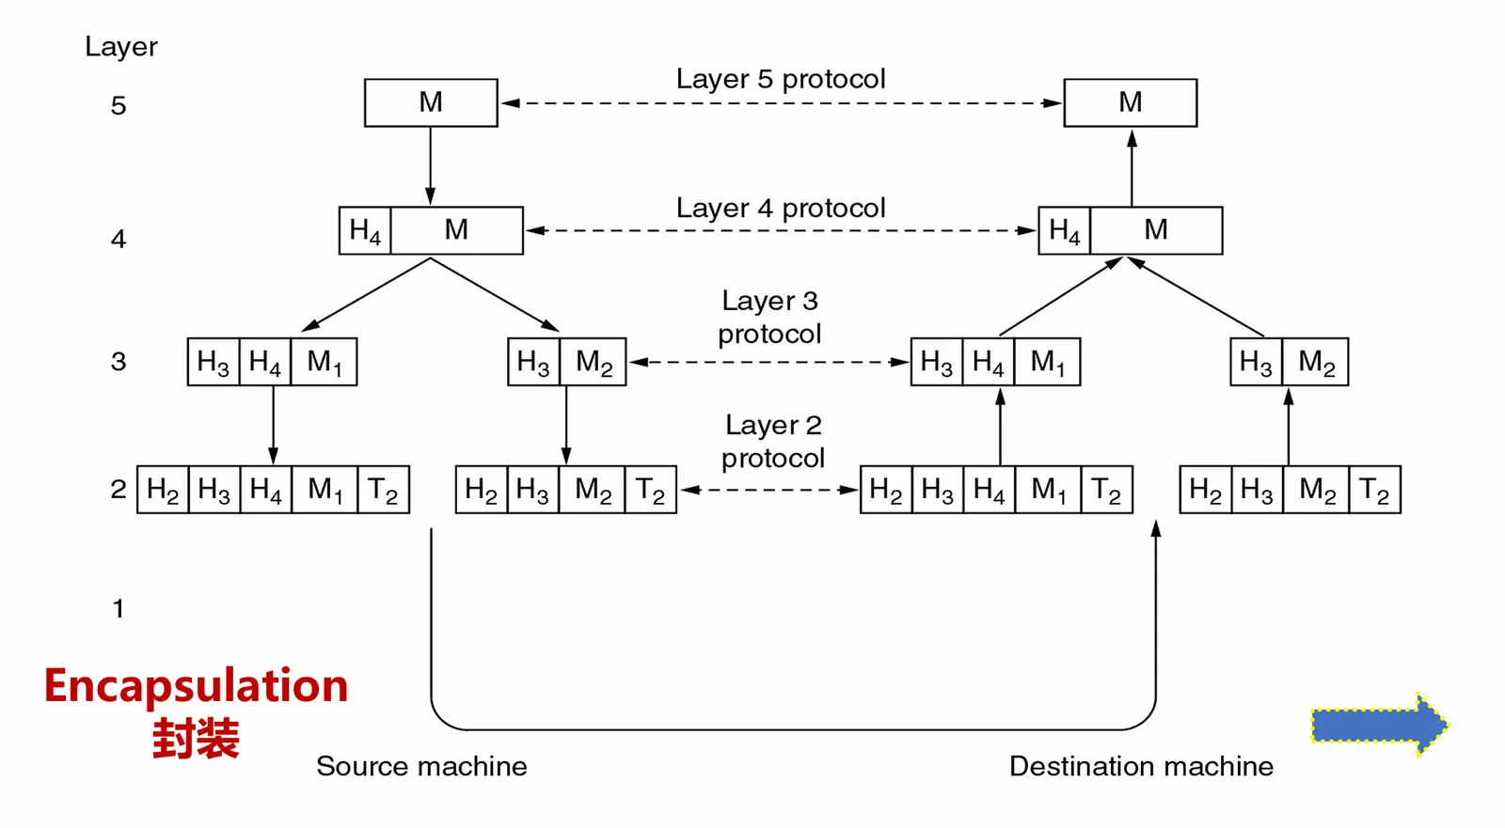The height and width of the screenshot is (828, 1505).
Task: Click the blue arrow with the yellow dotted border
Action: coord(1379,726)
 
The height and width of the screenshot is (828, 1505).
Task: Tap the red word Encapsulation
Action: coord(196,686)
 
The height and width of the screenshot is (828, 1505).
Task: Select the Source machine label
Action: coord(421,766)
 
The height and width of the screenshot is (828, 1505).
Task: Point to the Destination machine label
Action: coord(1141,766)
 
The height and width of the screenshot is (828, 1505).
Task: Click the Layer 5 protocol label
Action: coord(781,79)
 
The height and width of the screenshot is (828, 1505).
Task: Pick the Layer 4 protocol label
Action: coord(781,208)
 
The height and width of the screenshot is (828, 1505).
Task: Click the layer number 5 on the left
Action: coord(119,105)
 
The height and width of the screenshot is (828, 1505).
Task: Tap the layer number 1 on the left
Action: coord(119,609)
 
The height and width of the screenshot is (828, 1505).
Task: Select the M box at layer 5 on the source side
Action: coord(431,102)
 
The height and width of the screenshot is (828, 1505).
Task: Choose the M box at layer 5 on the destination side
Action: coord(1131,102)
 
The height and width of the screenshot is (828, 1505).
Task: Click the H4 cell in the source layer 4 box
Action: coord(365,230)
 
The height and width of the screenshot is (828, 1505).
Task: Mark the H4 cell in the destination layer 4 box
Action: coord(1065,230)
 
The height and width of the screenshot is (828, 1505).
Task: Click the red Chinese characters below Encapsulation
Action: coord(196,739)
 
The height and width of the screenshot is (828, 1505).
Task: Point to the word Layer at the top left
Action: coord(121,47)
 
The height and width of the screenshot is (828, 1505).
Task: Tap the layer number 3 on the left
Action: coord(119,362)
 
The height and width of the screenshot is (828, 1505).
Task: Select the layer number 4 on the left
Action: coord(119,239)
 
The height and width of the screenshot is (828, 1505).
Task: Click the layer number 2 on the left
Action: coord(119,490)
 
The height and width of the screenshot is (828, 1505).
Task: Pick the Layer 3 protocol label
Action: coord(769,317)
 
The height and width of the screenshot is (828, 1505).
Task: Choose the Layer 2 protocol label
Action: coord(773,441)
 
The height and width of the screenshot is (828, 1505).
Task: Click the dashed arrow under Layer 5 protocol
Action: coord(781,103)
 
